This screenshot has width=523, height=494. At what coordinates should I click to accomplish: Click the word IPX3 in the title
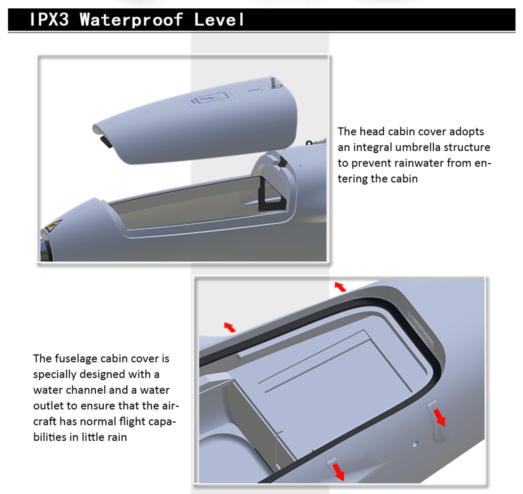click(x=49, y=19)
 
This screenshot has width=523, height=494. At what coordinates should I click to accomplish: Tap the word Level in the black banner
click(x=219, y=19)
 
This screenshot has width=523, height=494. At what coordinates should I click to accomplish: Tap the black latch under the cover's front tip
click(x=106, y=142)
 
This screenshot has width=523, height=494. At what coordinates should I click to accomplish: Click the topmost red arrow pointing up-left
click(x=340, y=287)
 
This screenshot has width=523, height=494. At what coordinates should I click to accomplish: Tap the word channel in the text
click(x=86, y=390)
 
